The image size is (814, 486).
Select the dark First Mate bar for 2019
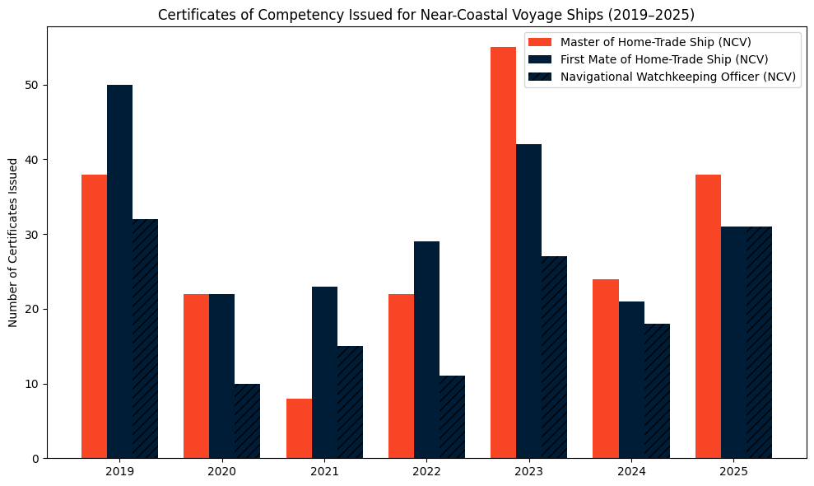coord(119,272)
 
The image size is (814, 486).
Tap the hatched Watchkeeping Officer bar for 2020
coord(247,421)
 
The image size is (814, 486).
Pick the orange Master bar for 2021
coord(299,428)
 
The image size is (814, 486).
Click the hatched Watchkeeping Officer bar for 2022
coord(452,417)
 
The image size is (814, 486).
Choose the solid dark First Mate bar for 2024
coord(631,380)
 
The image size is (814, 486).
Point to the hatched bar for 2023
coord(554,357)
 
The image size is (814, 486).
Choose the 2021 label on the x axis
coord(324,472)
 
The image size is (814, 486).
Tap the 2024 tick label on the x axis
coord(631,472)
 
